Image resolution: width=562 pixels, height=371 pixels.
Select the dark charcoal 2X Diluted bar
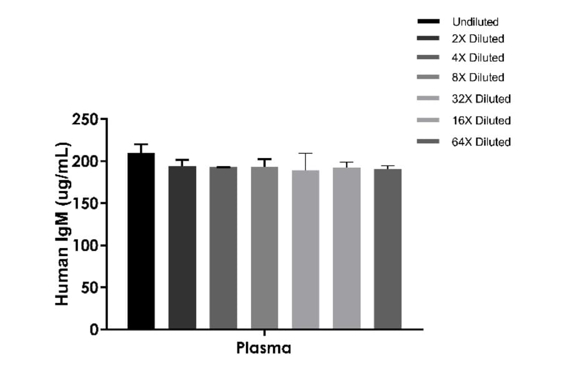182,247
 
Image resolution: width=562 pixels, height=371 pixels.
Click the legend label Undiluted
475,22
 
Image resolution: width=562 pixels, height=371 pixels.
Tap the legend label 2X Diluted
478,39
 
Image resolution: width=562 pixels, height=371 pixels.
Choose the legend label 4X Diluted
478,57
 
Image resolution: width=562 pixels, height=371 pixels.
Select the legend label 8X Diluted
478,77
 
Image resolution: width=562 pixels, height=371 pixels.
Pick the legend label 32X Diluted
481,99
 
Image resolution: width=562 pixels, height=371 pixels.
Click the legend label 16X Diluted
481,120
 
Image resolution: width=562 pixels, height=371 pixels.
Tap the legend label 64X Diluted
481,142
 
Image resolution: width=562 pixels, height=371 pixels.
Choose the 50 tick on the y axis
91,287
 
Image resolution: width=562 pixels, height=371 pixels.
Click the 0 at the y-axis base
94,330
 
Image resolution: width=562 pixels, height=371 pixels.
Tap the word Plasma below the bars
264,349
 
